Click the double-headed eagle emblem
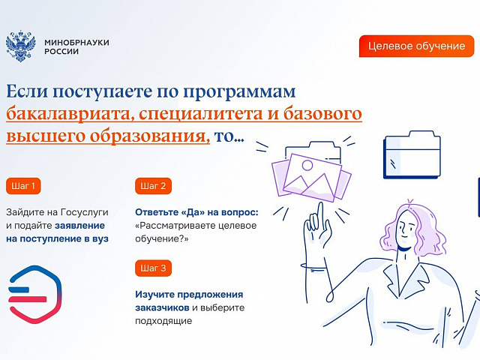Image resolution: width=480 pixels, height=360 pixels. click(x=21, y=46)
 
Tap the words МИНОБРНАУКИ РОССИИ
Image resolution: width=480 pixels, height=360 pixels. click(x=76, y=46)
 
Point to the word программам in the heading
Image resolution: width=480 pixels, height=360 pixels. click(x=239, y=92)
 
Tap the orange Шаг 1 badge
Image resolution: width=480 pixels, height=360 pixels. click(x=23, y=186)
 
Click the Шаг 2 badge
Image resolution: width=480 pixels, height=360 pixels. click(x=153, y=186)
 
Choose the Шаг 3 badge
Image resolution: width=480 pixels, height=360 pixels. click(x=153, y=268)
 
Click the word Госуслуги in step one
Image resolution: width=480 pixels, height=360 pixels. click(x=85, y=212)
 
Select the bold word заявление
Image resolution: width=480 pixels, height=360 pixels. click(x=80, y=226)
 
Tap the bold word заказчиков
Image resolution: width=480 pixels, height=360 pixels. click(x=162, y=307)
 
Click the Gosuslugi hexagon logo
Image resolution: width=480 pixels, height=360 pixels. click(x=35, y=294)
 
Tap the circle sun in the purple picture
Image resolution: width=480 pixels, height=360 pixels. click(x=307, y=165)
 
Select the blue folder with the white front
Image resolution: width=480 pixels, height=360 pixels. click(x=412, y=155)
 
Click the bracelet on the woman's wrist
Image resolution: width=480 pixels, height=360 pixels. click(x=314, y=267)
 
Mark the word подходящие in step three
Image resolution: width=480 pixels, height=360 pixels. click(x=163, y=321)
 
